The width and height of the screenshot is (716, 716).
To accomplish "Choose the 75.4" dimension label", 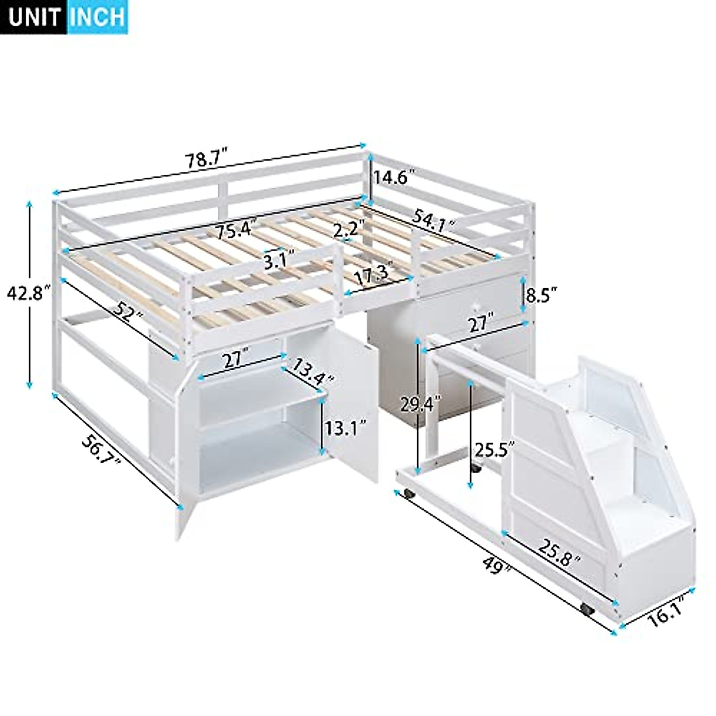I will pyautogui.click(x=235, y=230).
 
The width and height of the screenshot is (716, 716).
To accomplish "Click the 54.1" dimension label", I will pyautogui.click(x=433, y=222).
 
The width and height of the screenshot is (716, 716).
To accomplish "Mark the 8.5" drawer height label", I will pyautogui.click(x=542, y=294).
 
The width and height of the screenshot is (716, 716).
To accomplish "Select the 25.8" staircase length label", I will pyautogui.click(x=560, y=552).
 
